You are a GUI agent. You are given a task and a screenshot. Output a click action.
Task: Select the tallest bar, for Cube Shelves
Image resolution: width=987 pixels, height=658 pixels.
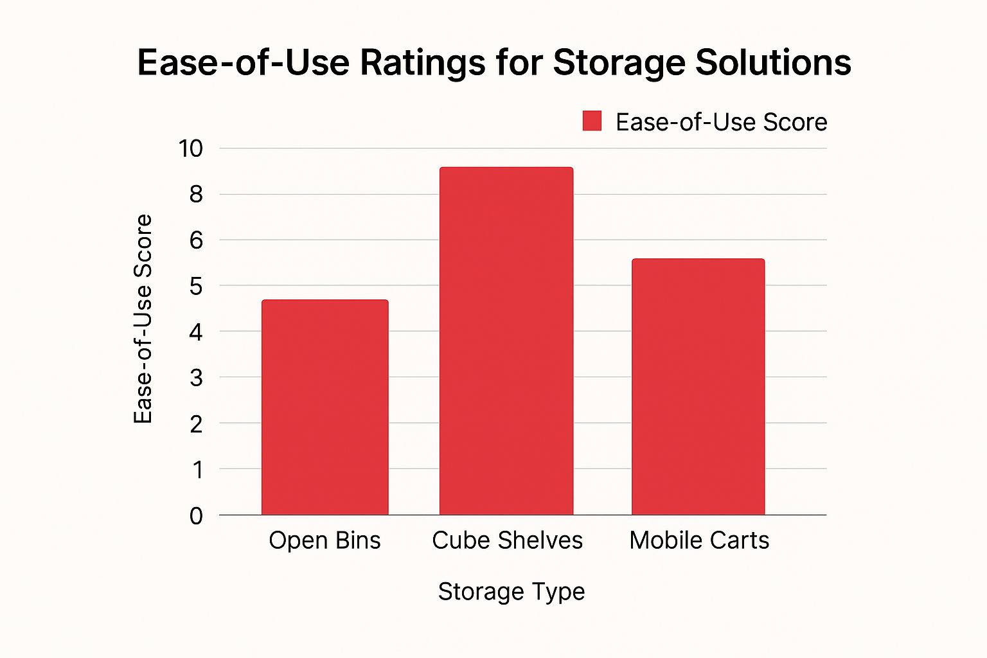[x=506, y=341]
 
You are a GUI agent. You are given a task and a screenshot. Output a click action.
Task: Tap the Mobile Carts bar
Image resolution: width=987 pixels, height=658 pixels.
[x=698, y=386]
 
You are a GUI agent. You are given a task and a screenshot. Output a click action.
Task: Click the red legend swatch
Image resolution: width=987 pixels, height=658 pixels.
[x=592, y=121]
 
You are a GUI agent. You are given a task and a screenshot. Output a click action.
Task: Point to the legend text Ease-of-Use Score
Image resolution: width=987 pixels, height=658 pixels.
[x=721, y=122]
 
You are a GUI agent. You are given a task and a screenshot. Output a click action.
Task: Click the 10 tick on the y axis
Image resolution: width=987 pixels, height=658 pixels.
[x=191, y=148]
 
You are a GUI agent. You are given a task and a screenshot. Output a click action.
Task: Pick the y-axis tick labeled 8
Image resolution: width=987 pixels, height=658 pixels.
[x=196, y=194]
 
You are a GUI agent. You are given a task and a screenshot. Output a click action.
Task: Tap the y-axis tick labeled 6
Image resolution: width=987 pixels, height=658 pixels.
[x=196, y=240]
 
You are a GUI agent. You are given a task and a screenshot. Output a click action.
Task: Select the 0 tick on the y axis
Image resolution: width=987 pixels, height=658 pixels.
[x=196, y=515]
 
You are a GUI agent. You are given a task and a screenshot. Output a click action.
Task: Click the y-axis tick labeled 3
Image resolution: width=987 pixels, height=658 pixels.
[x=196, y=378]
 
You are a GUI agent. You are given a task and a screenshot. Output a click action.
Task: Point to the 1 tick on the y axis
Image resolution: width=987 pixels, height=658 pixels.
[x=197, y=470]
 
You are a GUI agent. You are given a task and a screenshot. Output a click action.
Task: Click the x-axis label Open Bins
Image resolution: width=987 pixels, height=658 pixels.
[x=325, y=540]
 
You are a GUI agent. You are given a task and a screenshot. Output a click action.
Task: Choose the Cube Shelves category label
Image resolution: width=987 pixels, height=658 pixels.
[x=507, y=540]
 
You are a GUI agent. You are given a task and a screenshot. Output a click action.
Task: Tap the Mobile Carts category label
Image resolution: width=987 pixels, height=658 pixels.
[x=699, y=540]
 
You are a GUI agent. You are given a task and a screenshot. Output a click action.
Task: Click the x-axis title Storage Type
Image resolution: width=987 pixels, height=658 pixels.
[x=511, y=591]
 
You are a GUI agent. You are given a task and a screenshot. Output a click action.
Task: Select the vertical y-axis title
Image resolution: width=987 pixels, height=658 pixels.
[x=143, y=319]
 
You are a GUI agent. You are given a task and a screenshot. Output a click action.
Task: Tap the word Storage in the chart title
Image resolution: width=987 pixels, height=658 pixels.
[x=619, y=63]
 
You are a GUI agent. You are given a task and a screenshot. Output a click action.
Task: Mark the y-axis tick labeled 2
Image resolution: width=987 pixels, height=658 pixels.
[x=196, y=423]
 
